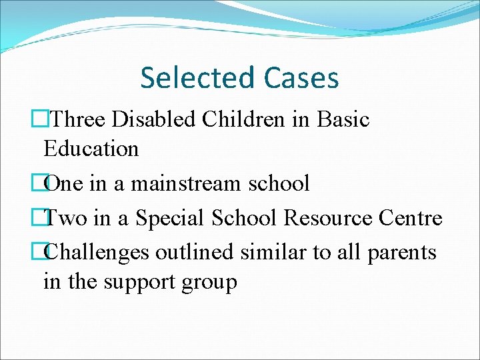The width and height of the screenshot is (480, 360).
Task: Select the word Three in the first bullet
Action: (x=80, y=120)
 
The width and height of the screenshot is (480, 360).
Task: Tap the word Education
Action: (x=91, y=149)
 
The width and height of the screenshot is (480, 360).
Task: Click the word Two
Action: (x=66, y=218)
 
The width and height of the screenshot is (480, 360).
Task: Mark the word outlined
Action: (x=195, y=252)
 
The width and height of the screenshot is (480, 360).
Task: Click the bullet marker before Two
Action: (x=47, y=218)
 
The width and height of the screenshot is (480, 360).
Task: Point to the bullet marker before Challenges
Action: (x=47, y=252)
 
